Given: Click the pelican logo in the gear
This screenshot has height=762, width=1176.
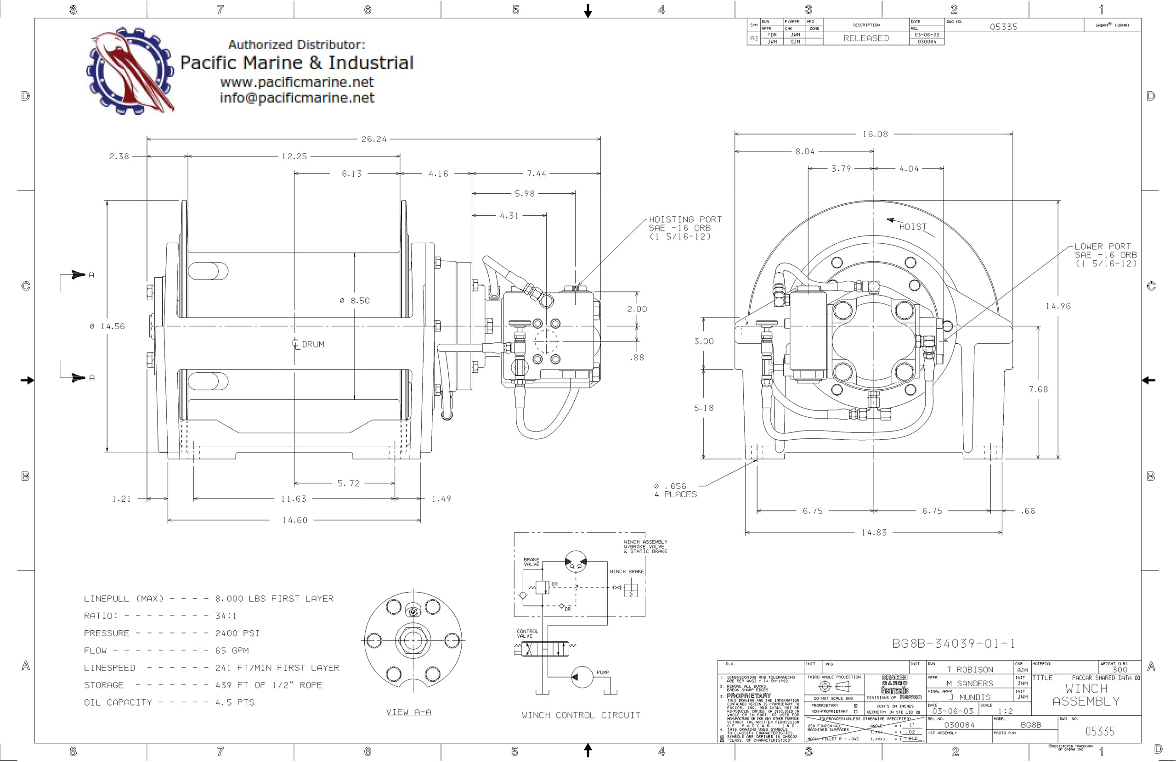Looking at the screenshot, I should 130,71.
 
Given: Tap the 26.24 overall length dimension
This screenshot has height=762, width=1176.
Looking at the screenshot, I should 373,139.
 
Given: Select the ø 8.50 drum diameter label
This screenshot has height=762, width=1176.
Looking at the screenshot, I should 355,301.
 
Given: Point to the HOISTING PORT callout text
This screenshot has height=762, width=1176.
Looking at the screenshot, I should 685,228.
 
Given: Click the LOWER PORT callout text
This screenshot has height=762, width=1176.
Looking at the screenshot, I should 1105,255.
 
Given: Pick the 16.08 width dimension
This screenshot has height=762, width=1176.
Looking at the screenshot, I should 875,134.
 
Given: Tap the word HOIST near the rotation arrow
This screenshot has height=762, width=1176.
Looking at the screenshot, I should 913,227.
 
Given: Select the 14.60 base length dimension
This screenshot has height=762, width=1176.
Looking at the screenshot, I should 294,520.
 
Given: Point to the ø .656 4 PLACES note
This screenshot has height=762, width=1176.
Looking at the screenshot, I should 675,490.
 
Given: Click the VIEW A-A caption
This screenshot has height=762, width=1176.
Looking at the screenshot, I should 409,712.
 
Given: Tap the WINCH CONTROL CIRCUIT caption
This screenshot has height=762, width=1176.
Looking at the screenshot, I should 581,715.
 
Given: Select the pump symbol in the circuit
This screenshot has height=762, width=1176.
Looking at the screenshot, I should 582,677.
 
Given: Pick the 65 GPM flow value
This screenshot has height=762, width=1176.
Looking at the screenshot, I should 232,650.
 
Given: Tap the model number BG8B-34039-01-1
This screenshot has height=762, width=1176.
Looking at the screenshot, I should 953,644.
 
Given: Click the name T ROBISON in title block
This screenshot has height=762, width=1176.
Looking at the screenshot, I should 969,670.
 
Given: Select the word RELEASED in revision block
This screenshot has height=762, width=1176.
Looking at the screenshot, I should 866,39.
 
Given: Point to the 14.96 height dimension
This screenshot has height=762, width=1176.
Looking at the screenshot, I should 1058,306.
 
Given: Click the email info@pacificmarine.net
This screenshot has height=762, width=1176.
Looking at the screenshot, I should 297,98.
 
